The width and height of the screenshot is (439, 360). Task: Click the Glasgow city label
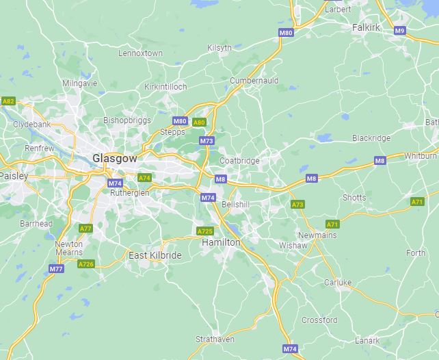(x=115, y=158)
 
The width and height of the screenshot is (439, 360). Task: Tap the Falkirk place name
(x=366, y=28)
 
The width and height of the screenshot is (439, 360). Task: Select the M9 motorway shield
(x=400, y=31)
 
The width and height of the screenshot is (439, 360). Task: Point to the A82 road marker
(x=8, y=101)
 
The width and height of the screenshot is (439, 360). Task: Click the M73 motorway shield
(x=207, y=141)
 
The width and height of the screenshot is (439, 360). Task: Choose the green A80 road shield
(x=198, y=123)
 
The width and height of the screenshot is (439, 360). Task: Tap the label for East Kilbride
(x=155, y=255)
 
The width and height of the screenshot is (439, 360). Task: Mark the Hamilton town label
(x=221, y=242)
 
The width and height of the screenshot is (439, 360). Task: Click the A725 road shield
(x=204, y=231)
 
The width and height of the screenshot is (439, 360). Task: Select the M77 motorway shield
(x=57, y=269)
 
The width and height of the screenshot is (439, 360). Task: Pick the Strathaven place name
(x=215, y=339)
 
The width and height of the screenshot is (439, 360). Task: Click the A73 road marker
(x=297, y=205)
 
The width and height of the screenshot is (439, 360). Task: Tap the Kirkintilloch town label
(x=165, y=87)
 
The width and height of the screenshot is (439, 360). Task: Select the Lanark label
(x=367, y=340)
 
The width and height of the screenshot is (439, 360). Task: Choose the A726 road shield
(x=85, y=264)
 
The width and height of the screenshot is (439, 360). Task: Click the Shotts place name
(x=354, y=198)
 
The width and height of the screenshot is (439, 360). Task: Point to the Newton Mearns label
(x=69, y=248)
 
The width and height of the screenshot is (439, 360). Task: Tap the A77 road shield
(x=85, y=228)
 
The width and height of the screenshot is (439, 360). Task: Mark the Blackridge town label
(x=371, y=138)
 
